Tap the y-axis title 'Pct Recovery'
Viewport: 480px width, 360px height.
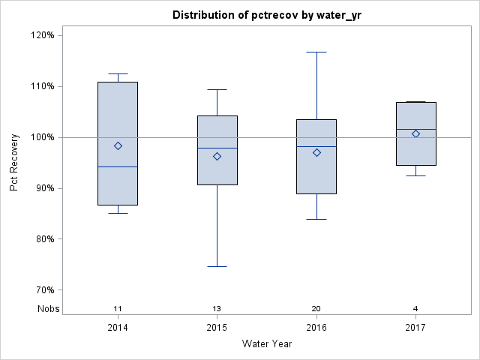tap(14, 163)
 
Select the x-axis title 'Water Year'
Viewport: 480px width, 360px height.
tap(266, 344)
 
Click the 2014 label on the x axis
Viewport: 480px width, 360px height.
tap(118, 328)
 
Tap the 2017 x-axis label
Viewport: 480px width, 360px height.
tap(415, 328)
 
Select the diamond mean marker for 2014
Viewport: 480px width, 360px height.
tap(118, 145)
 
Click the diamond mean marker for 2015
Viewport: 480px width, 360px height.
tap(217, 156)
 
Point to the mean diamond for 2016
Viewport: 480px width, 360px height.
tap(316, 152)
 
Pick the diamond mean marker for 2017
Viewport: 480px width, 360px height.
tap(415, 133)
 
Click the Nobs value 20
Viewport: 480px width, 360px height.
tap(316, 309)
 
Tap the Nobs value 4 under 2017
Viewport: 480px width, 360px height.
tap(415, 309)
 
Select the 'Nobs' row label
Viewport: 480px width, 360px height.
tap(49, 309)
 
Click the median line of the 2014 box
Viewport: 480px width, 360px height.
tap(118, 166)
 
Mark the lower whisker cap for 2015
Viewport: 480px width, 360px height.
tap(217, 266)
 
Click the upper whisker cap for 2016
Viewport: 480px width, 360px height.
tap(316, 52)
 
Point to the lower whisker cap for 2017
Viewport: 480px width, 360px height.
tap(415, 175)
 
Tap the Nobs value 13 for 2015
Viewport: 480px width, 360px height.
tap(217, 309)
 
